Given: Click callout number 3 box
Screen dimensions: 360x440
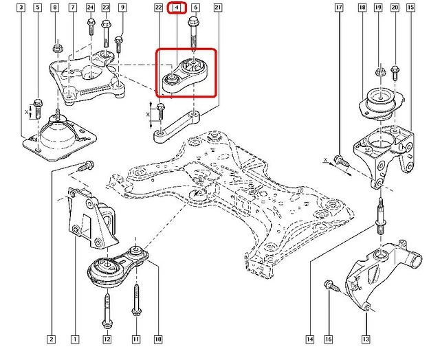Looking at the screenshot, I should (22, 8).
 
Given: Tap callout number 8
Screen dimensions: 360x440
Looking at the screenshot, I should (55, 8).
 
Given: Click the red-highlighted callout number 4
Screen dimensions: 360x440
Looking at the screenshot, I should (177, 8).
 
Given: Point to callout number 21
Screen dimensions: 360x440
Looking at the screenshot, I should (217, 8).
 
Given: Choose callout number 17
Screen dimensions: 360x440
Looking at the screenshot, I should (339, 8).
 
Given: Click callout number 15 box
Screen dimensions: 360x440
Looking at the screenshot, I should (410, 8).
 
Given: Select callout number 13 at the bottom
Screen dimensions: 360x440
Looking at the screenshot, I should (366, 339).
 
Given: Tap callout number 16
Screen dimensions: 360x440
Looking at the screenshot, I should (327, 339).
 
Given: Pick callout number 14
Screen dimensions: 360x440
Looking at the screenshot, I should (310, 339).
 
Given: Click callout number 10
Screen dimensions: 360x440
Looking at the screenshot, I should (157, 339).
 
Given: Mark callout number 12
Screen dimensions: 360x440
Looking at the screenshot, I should (107, 339).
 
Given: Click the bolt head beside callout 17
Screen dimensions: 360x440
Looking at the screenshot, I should (339, 162).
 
